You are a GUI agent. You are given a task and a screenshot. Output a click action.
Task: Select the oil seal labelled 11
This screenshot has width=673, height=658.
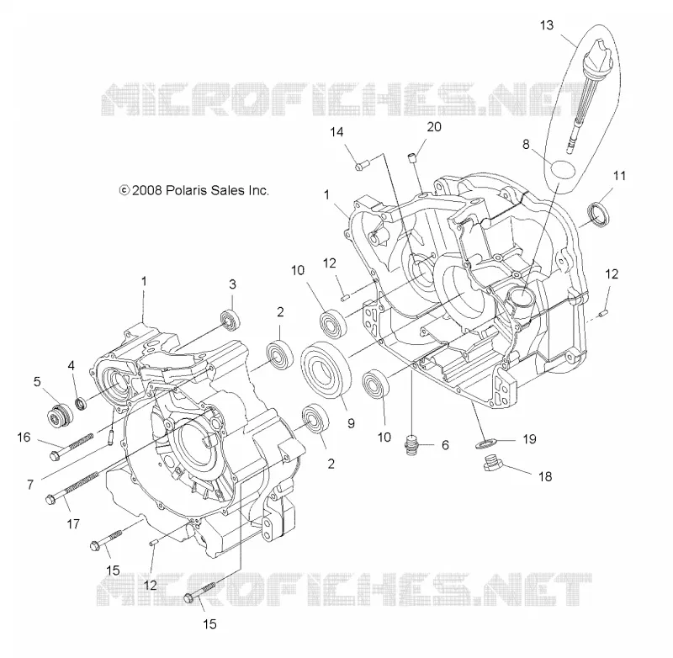598,214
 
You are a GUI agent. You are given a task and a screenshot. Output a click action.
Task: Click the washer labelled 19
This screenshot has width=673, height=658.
485,443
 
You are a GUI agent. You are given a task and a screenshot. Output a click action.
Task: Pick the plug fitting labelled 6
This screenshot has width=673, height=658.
412,444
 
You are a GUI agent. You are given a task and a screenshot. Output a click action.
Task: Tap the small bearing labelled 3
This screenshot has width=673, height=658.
230,321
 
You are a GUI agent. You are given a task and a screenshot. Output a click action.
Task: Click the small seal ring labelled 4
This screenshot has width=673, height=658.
80,404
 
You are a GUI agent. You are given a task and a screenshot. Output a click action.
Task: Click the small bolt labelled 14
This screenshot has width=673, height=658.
363,165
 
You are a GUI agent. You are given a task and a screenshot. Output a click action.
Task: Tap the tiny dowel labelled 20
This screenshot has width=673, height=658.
412,157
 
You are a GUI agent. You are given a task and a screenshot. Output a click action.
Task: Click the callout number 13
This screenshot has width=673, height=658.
546,25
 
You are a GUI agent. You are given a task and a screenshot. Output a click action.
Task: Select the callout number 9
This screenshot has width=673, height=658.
351,423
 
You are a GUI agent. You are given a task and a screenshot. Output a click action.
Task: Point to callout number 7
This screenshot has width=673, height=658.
30,485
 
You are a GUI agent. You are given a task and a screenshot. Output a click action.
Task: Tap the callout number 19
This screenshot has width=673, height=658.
529,439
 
